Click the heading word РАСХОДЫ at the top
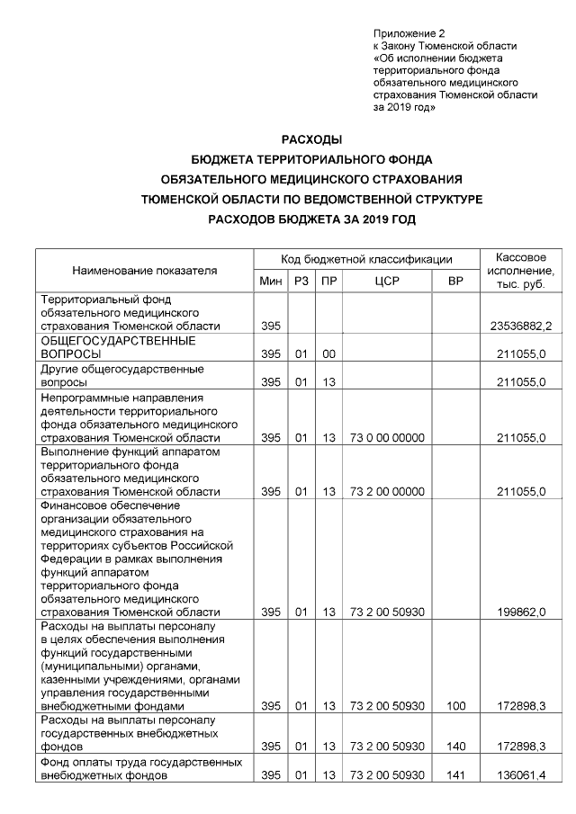click(x=311, y=139)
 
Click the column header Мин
click(x=271, y=282)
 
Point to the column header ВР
click(x=455, y=282)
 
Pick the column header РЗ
click(x=301, y=282)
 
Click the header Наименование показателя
click(x=145, y=269)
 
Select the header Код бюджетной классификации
click(x=366, y=258)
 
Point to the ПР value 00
click(x=329, y=354)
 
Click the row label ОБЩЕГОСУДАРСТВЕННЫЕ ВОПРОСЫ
click(x=118, y=348)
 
